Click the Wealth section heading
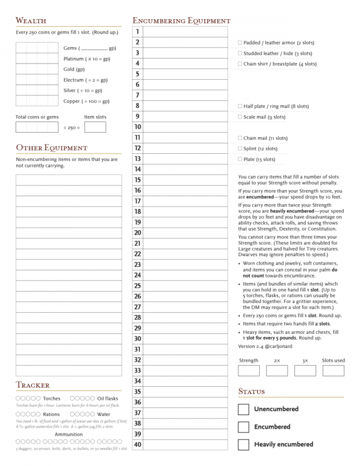click(x=31, y=21)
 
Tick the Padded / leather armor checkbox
click(x=240, y=43)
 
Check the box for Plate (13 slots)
click(x=240, y=159)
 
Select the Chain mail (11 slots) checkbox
click(x=240, y=138)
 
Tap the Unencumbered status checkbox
click(x=244, y=409)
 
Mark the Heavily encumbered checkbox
click(x=244, y=444)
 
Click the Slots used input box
click(x=333, y=370)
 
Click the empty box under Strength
click(x=248, y=370)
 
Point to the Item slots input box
click(x=95, y=127)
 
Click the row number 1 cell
click(x=137, y=32)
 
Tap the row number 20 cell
click(x=137, y=233)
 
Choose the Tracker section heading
click(x=33, y=385)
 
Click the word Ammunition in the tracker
click(x=68, y=434)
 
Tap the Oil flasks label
click(x=107, y=398)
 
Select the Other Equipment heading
click(x=52, y=147)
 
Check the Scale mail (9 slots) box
click(x=240, y=117)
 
